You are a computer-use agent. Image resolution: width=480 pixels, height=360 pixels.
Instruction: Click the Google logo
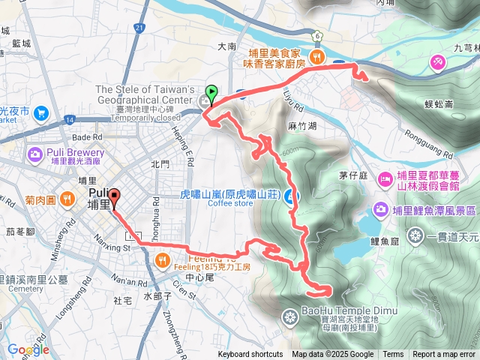(x=28, y=349)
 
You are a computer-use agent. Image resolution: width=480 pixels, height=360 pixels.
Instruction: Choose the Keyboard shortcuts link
(x=250, y=355)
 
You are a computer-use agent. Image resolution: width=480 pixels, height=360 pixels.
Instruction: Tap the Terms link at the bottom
(x=393, y=355)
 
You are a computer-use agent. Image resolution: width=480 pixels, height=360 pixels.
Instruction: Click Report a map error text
(x=444, y=355)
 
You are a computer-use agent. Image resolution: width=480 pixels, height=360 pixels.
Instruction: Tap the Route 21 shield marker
(x=139, y=28)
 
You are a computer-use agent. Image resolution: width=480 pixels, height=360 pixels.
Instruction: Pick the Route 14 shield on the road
(x=70, y=118)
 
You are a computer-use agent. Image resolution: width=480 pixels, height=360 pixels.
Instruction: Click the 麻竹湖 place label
(x=301, y=127)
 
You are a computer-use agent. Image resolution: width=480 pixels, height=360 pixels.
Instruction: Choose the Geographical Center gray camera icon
(x=204, y=100)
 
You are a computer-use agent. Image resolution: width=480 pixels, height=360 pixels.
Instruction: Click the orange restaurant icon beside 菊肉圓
(x=67, y=199)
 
